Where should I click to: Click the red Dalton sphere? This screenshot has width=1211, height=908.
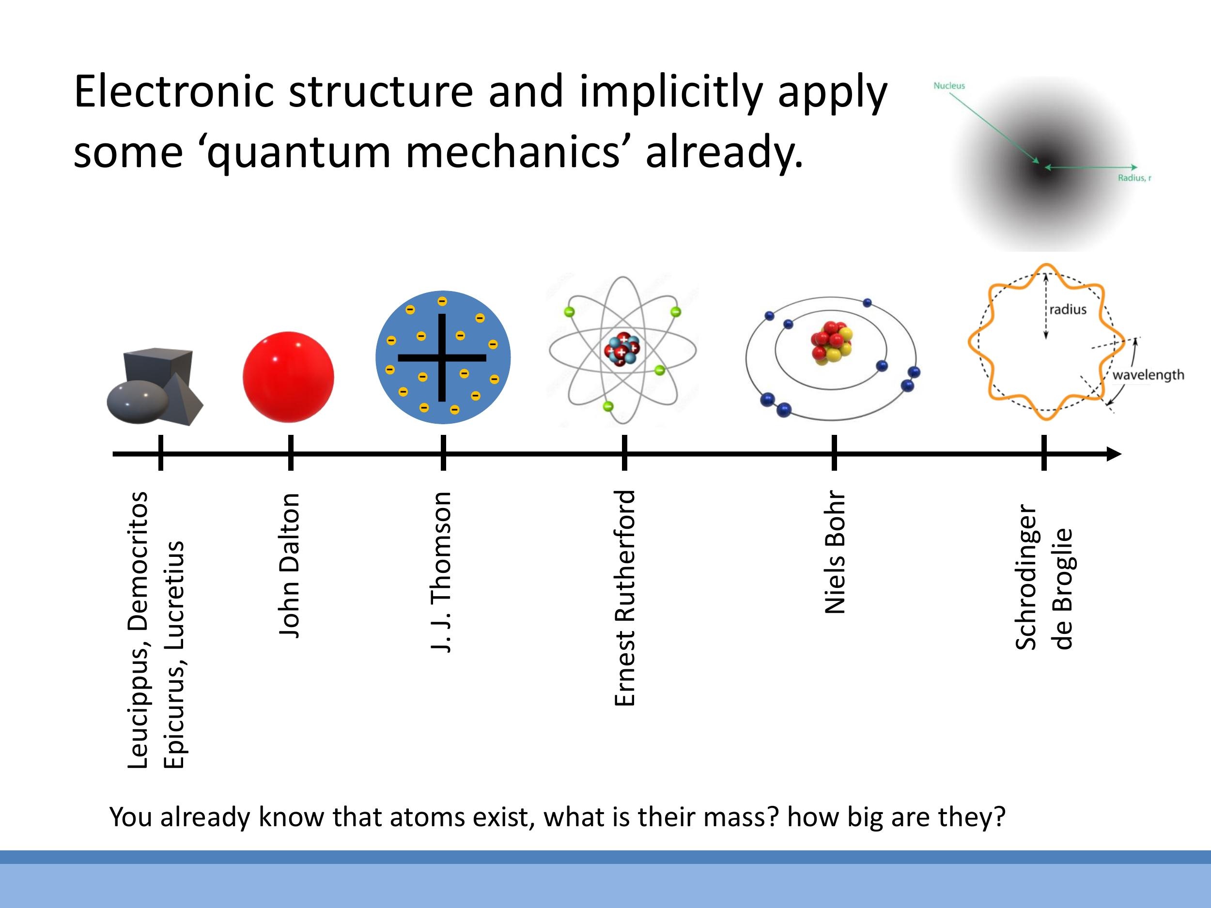289,377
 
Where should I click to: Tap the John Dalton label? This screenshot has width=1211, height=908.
290,565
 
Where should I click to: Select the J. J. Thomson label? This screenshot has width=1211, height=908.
441,571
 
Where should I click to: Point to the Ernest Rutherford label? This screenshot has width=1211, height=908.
625,598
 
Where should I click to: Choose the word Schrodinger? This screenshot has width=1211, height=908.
1025,577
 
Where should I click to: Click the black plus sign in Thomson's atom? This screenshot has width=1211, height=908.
442,358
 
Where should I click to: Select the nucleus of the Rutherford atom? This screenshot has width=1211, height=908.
622,349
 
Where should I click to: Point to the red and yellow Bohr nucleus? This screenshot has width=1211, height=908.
832,342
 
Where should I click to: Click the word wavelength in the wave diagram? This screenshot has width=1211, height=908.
1148,375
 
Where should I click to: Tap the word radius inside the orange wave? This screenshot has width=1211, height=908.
1068,309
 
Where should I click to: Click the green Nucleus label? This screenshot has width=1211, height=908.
949,85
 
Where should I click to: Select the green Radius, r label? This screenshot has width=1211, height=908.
1134,178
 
